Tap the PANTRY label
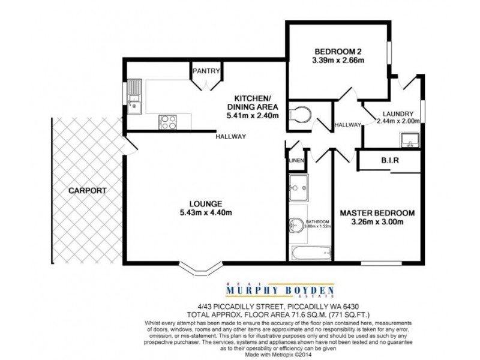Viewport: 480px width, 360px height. pyautogui.click(x=205, y=71)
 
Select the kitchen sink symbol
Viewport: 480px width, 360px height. pyautogui.click(x=134, y=100)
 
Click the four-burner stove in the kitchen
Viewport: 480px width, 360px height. pyautogui.click(x=167, y=122)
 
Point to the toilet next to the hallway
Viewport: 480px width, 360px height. pyautogui.click(x=299, y=114)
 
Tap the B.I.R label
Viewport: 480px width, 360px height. pyautogui.click(x=390, y=161)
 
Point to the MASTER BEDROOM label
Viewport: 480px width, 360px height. pyautogui.click(x=377, y=212)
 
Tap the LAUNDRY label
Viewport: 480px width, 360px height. pyautogui.click(x=398, y=113)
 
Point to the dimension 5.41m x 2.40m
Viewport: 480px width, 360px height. pyautogui.click(x=252, y=115)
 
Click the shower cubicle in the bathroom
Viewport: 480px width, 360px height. pyautogui.click(x=298, y=187)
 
